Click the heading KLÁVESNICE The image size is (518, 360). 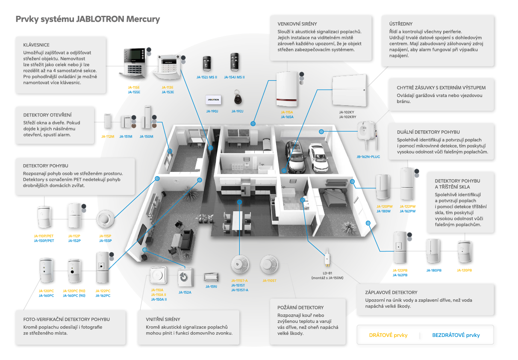point(36,45)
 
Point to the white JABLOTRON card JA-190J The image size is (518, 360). point(212,99)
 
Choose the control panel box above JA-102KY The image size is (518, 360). point(349,91)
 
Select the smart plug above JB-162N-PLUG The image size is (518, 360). point(366,133)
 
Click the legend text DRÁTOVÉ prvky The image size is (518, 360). point(388,335)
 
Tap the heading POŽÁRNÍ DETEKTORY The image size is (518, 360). point(300,307)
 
